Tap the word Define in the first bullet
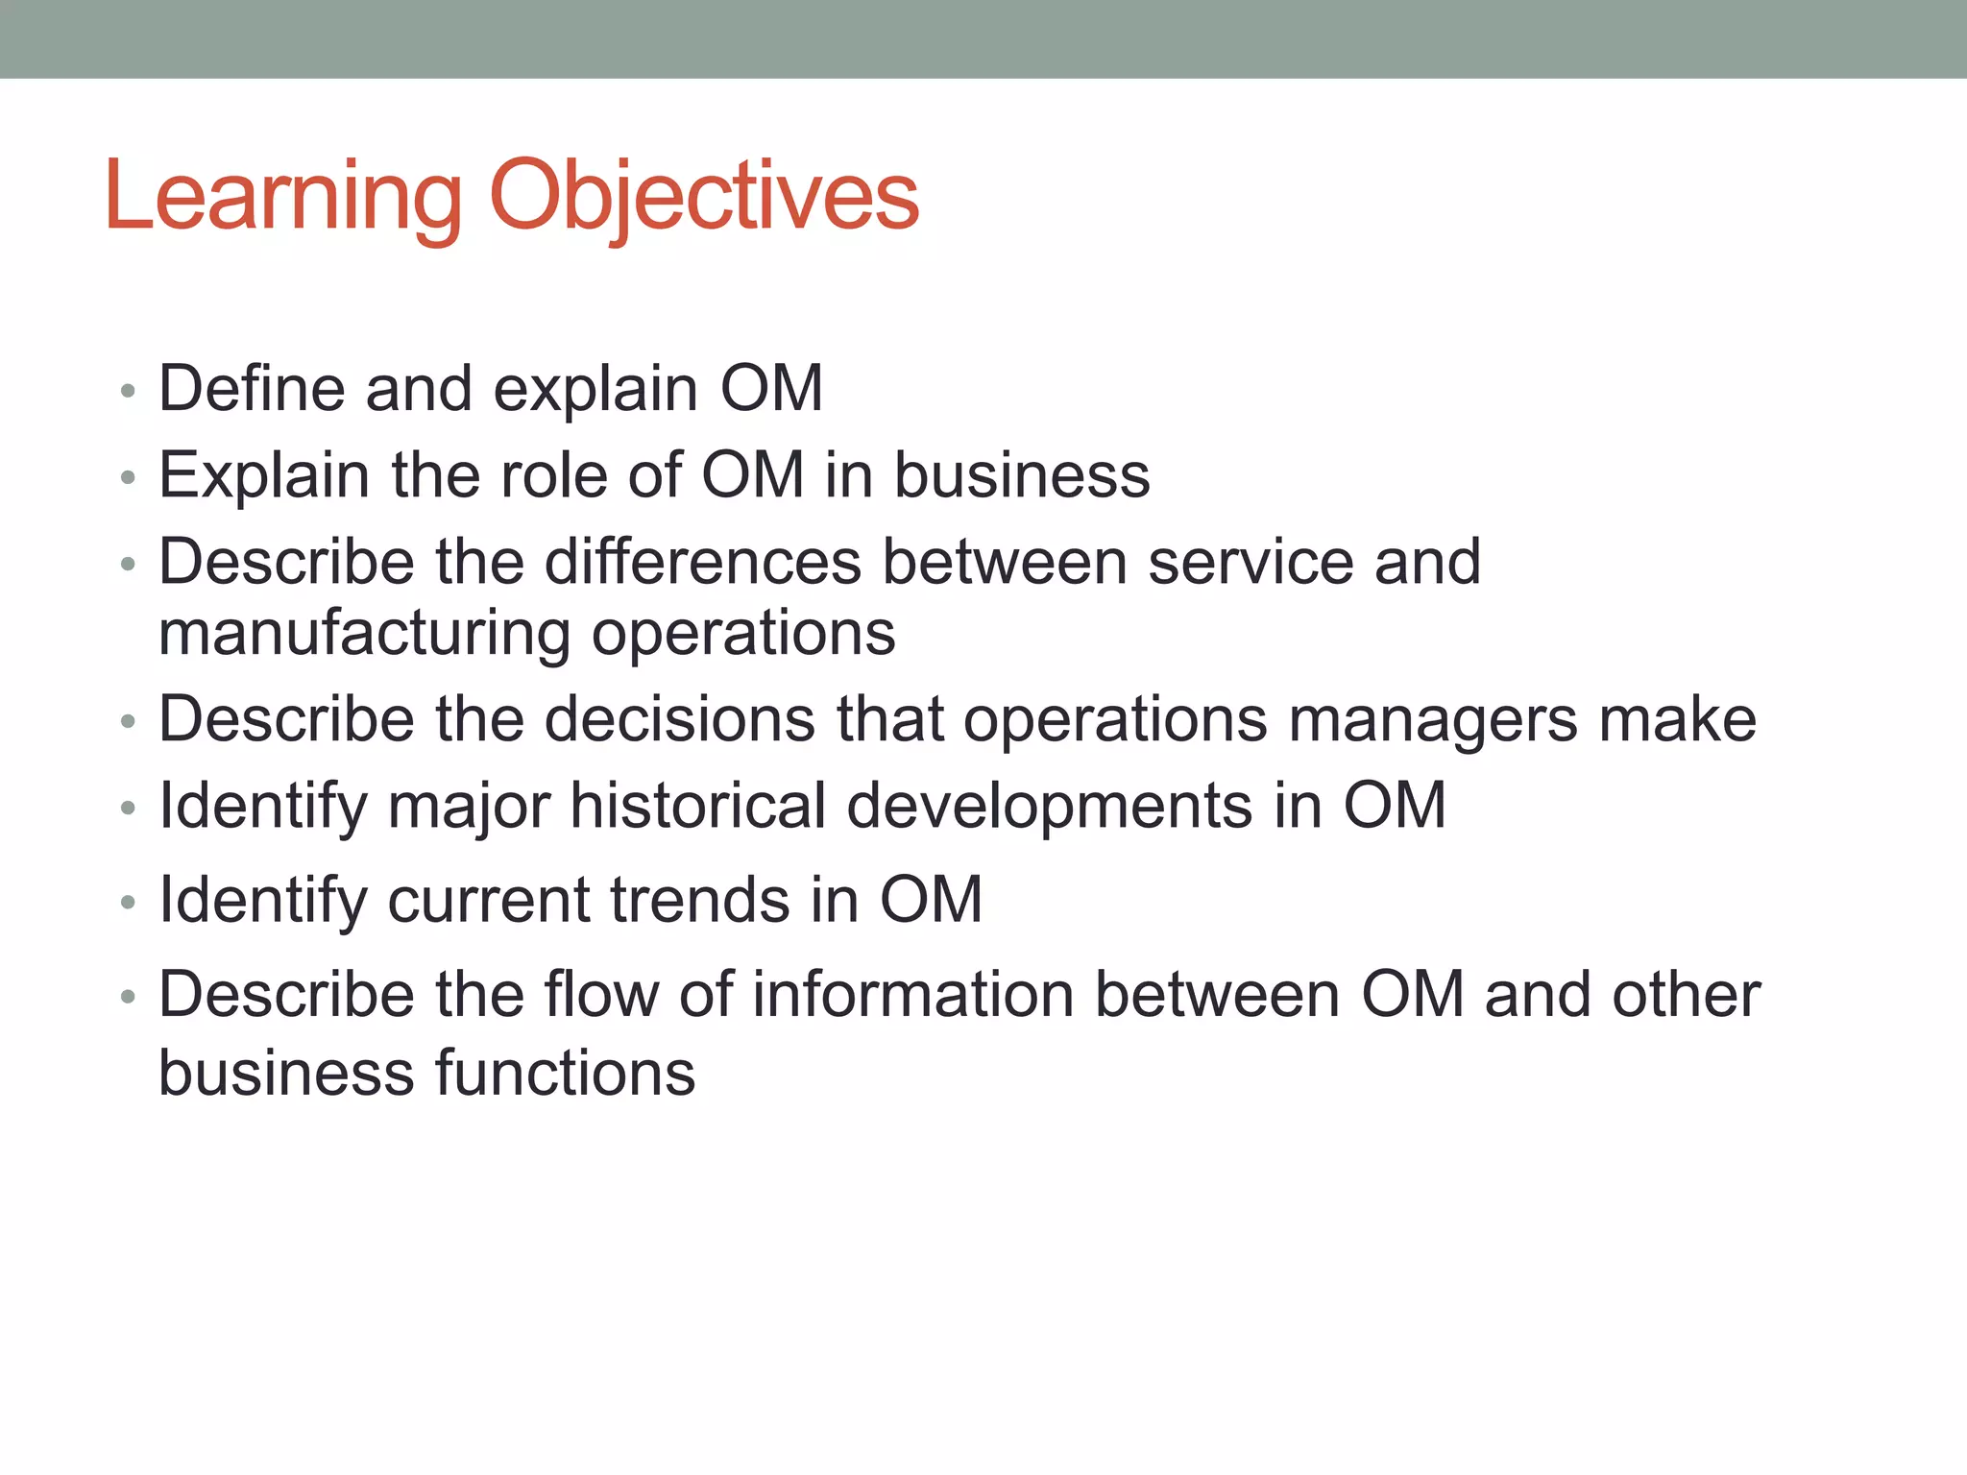coord(251,389)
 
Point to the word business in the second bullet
coord(1022,475)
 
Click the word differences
coord(703,562)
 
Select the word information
coord(913,995)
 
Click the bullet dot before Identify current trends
coord(129,903)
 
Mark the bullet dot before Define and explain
coord(129,392)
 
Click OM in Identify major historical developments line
coord(1394,806)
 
